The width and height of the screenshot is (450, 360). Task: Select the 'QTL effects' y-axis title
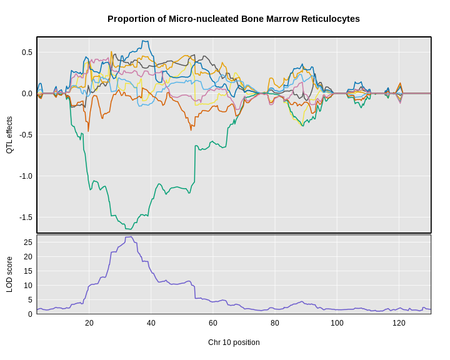(x=9, y=135)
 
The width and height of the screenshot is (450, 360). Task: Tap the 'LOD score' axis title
(x=9, y=274)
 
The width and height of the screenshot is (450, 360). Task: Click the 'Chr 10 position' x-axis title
(x=234, y=342)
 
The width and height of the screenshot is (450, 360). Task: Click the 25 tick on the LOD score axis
(x=28, y=242)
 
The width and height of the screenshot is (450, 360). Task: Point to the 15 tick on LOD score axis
(x=28, y=271)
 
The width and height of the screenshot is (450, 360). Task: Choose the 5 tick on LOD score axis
(x=30, y=300)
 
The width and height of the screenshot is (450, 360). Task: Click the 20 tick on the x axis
(x=89, y=323)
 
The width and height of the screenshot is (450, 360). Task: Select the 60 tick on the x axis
(x=213, y=323)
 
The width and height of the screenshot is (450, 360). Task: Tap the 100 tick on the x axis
(x=337, y=323)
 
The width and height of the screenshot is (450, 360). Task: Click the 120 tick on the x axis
(x=399, y=323)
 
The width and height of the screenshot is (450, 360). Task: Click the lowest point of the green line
(x=125, y=229)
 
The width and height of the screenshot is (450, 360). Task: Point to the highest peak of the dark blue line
(x=145, y=41)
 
